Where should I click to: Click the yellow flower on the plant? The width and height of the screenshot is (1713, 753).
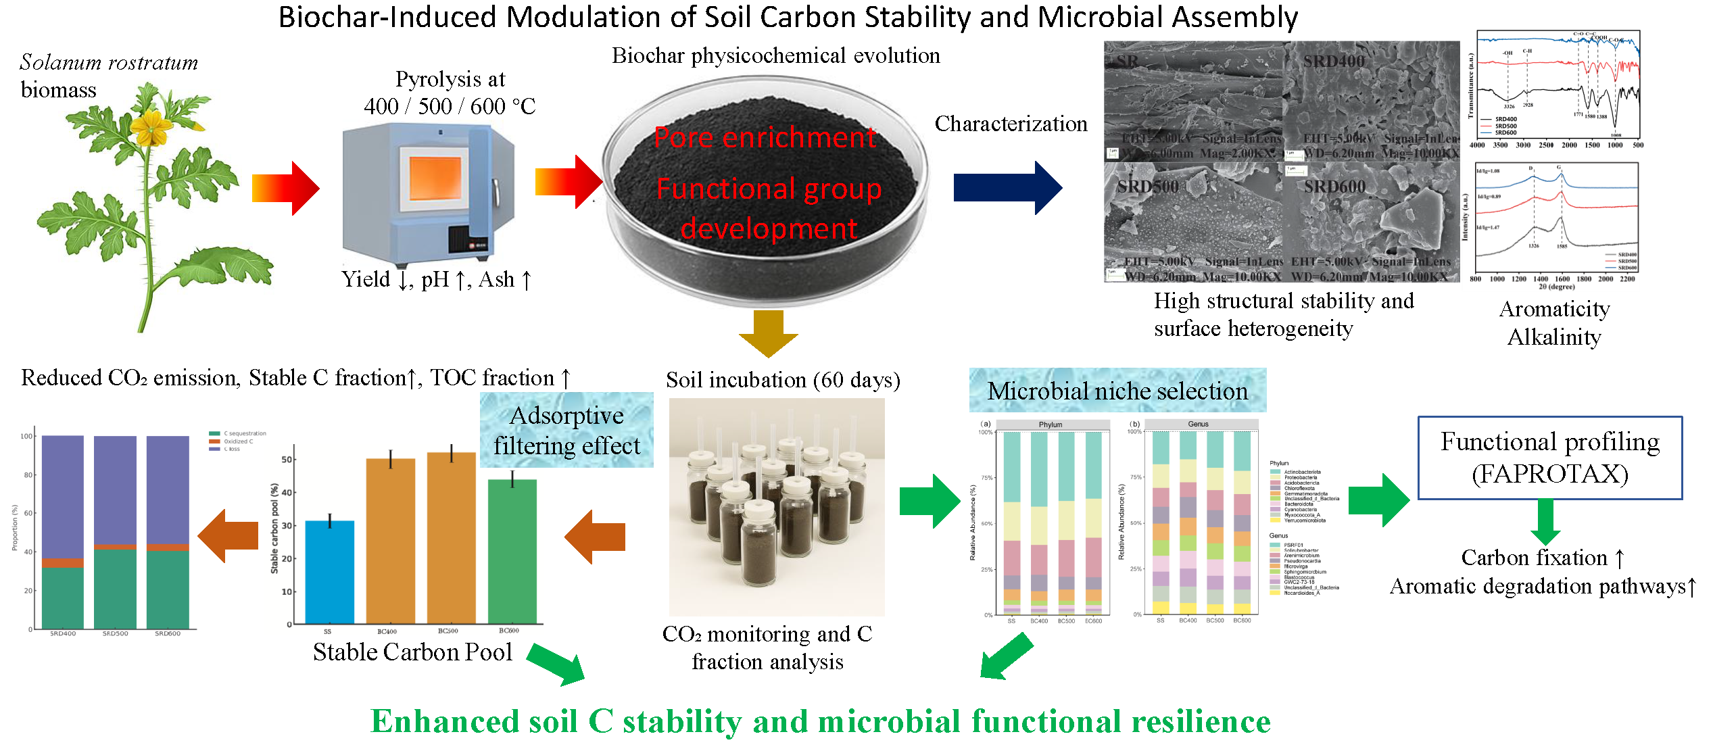(151, 126)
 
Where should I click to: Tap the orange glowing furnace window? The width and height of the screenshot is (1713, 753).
(435, 177)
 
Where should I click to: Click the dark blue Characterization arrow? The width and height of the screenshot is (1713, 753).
(1007, 187)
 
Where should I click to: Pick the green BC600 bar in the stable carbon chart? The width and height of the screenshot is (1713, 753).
(512, 551)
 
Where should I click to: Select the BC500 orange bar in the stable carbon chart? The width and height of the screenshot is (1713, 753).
(451, 538)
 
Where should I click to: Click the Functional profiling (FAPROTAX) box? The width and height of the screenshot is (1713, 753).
(1549, 458)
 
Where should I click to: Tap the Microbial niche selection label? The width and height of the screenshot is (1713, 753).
(1117, 391)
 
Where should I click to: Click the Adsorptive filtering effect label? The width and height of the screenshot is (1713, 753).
(566, 431)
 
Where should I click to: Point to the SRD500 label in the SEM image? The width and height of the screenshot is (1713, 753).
(1147, 187)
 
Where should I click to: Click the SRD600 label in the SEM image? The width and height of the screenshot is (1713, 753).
(1334, 187)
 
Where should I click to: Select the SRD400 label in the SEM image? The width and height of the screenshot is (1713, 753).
(1333, 62)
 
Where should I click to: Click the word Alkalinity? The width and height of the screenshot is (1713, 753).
(1554, 337)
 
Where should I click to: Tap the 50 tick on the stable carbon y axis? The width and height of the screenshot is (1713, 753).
(287, 460)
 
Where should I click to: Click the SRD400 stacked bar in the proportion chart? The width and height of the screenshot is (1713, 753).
(63, 531)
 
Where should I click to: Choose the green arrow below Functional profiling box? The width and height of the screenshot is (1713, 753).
(1545, 522)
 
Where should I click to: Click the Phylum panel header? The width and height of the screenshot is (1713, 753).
(1050, 424)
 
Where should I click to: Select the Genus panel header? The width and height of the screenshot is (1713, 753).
(1198, 424)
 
